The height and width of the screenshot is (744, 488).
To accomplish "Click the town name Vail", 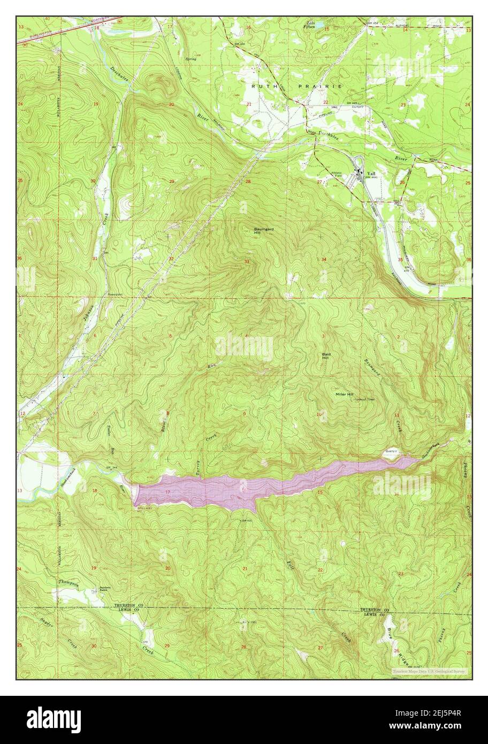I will coord(371,173).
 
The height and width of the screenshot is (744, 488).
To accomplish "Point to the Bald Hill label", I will coord(327,356).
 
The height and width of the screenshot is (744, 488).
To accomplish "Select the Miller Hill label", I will coord(344,394).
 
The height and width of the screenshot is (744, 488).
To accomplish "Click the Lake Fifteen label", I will coord(309,24).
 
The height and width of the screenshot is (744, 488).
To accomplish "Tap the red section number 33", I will coord(247,262).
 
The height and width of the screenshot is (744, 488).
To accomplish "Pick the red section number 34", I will coord(324,259).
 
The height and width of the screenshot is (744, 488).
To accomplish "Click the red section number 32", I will coord(171,259).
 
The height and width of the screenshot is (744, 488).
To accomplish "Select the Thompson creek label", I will coord(69,584).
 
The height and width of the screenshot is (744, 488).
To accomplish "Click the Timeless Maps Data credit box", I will coord(429,671).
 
